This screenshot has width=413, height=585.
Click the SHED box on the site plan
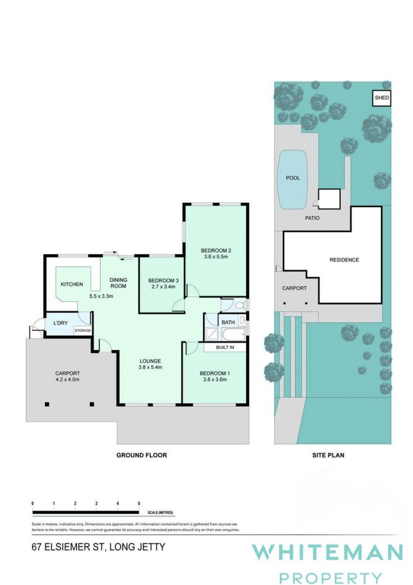pos(382,98)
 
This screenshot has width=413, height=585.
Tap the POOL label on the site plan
pos(293,178)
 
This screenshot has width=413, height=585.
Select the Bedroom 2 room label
pos(216,250)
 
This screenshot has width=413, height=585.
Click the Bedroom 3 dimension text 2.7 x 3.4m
pos(164,287)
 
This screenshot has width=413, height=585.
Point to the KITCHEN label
pos(72,284)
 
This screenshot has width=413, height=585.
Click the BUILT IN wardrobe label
pos(225,347)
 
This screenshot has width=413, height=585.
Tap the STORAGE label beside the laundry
pos(83,331)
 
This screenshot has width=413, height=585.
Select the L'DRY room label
pos(60,323)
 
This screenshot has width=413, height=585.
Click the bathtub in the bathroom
pos(233,334)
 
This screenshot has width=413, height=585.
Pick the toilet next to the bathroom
pos(240,305)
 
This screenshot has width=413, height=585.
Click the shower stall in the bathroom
pos(211,334)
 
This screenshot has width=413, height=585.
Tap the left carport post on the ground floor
pos(47,404)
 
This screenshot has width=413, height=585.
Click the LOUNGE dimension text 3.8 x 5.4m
pos(150,367)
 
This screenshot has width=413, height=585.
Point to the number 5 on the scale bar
pos(139,503)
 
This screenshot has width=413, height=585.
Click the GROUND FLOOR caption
pos(141,455)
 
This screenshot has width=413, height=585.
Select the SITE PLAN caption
pos(328,455)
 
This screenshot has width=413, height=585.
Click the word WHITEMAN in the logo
pos(327,552)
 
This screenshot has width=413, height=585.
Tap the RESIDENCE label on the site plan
pos(344,259)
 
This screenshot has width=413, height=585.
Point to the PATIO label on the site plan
pos(312,218)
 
